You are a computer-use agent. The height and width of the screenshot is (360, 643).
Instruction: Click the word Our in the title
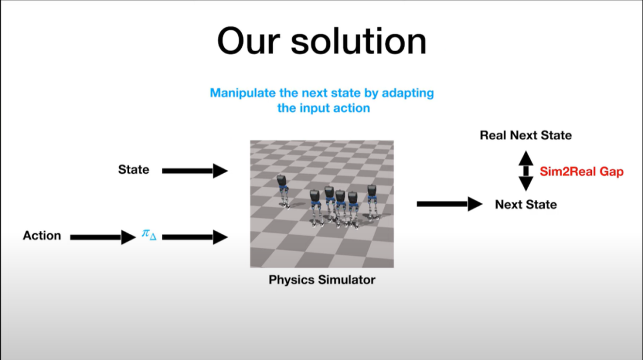pyautogui.click(x=248, y=42)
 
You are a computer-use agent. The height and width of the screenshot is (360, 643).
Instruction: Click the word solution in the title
pyautogui.click(x=359, y=41)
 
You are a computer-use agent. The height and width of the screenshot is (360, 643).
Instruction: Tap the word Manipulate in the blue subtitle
pyautogui.click(x=243, y=93)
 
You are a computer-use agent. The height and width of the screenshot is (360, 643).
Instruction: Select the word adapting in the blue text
pyautogui.click(x=408, y=93)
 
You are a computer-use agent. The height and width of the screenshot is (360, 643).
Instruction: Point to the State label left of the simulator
pyautogui.click(x=134, y=170)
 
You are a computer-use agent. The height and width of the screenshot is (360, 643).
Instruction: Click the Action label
pyautogui.click(x=42, y=236)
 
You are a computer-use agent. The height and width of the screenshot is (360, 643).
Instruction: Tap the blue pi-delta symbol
pyautogui.click(x=149, y=234)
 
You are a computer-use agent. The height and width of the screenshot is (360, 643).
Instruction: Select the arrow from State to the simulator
pyautogui.click(x=195, y=171)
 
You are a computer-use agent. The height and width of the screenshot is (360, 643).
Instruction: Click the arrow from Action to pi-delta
pyautogui.click(x=103, y=237)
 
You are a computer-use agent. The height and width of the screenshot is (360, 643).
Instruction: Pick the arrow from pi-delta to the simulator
pyautogui.click(x=195, y=237)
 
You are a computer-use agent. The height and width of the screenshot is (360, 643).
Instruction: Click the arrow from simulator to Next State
pyautogui.click(x=450, y=204)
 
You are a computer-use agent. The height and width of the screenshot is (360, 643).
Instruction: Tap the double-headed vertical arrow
pyautogui.click(x=526, y=171)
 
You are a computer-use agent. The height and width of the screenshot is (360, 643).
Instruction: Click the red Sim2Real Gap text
pyautogui.click(x=582, y=171)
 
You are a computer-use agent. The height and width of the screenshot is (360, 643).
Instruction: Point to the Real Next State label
pyautogui.click(x=526, y=135)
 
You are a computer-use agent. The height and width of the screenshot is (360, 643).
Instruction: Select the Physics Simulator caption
pyautogui.click(x=322, y=280)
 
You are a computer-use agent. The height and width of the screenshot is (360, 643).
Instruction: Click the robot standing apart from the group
pyautogui.click(x=283, y=191)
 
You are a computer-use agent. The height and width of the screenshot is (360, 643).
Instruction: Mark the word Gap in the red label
pyautogui.click(x=611, y=172)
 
